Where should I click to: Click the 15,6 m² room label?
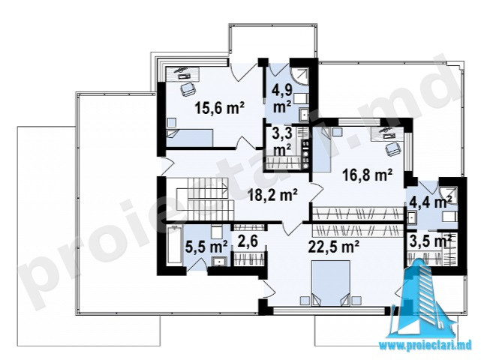[x=220, y=108]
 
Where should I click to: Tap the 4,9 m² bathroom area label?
[x=282, y=98]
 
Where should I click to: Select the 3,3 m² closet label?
[x=282, y=142]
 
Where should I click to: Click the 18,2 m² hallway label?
[x=272, y=195]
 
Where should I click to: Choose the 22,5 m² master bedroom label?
[x=334, y=246]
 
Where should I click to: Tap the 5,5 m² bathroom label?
[x=206, y=247]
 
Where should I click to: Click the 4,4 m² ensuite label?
[x=431, y=202]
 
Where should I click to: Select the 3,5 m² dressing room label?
[x=431, y=241]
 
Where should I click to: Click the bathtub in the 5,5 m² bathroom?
[x=174, y=244]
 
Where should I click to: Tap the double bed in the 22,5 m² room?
[x=331, y=283]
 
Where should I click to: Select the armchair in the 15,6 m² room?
[x=188, y=89]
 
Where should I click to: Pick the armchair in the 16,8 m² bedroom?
[x=393, y=149]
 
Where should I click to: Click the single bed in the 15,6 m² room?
[x=190, y=138]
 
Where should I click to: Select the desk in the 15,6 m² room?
[x=183, y=74]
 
